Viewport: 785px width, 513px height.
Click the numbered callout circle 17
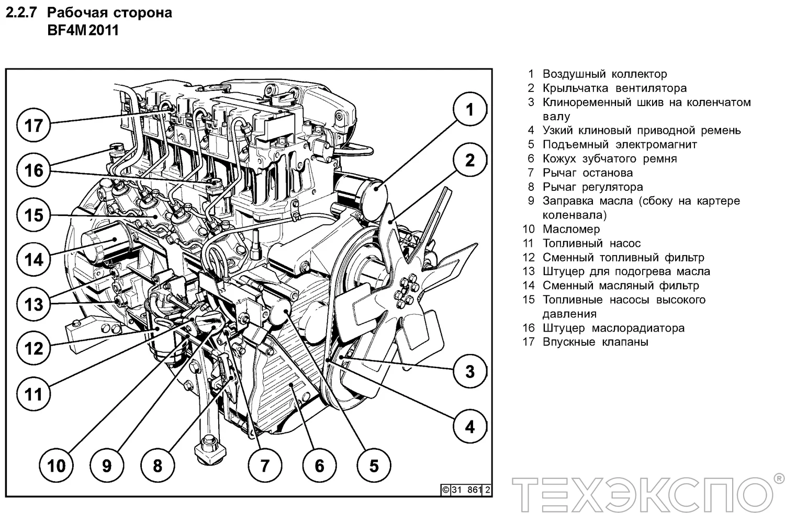34,126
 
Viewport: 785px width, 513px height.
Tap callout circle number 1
469,110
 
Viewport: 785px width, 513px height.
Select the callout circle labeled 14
34,259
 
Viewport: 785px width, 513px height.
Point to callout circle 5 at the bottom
374,465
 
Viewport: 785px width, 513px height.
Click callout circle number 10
57,465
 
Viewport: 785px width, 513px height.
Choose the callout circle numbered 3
469,371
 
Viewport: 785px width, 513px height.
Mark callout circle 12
34,348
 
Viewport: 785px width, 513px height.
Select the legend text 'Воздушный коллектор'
604,74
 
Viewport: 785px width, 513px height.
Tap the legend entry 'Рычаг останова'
587,173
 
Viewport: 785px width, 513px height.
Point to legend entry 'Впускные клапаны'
595,342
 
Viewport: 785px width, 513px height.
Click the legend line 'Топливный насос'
591,243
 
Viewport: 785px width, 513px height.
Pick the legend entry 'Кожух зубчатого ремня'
609,158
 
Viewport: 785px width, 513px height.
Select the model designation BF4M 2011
83,30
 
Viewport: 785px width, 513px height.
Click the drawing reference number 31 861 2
466,490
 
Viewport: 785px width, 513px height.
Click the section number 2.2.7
21,13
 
